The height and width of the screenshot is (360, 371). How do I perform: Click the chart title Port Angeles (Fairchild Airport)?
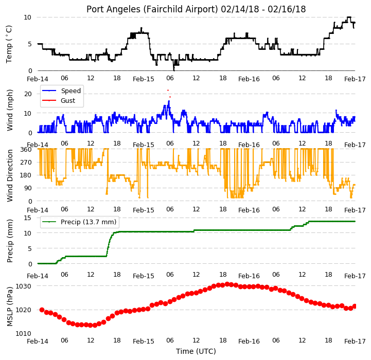coord(152,9)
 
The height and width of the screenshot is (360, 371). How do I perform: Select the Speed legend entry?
coord(61,91)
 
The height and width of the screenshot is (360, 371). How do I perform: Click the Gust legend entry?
coord(59,100)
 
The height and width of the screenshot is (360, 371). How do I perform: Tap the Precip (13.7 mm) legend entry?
coord(79,222)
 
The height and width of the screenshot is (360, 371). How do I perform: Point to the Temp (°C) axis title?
coord(9,44)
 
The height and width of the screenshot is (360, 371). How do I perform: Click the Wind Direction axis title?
coord(10,175)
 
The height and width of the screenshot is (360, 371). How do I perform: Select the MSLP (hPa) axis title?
coord(10,307)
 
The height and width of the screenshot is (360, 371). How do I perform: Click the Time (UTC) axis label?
coord(196,351)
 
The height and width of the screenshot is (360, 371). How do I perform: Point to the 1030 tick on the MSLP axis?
coord(24,286)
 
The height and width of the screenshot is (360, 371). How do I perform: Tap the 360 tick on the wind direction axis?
coord(26,150)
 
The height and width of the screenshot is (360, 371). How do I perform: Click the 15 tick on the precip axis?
coord(28,218)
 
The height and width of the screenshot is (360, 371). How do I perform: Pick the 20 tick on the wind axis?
coord(28,94)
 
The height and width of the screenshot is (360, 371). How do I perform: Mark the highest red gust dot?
coord(168,90)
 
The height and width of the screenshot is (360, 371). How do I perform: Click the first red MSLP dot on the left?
coord(42,310)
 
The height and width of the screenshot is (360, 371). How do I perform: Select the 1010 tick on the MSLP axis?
coord(24,333)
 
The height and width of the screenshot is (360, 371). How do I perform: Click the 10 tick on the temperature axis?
coord(28,17)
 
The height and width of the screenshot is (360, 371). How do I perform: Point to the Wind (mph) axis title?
coord(10,110)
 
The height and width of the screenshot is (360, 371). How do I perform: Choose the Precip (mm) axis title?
coord(10,241)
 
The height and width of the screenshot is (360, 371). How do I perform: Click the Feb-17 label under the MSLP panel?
coord(355,341)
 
